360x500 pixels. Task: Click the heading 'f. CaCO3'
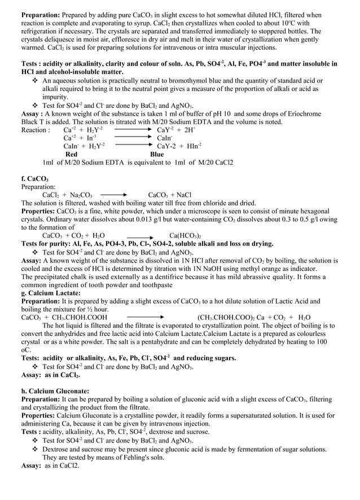click(x=34, y=178)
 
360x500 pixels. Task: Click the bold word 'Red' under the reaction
click(x=72, y=153)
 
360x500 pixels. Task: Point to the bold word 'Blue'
click(x=157, y=153)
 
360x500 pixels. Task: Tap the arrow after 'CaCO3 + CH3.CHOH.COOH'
click(x=145, y=317)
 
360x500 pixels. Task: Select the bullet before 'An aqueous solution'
click(x=36, y=81)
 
